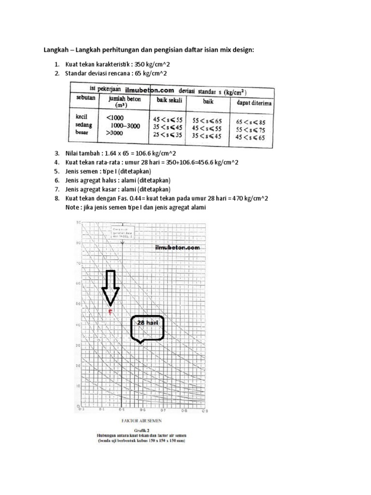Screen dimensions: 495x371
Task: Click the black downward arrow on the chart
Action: coord(111,288)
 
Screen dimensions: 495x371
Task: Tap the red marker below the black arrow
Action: coord(111,313)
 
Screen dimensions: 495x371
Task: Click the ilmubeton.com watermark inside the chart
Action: coord(177,247)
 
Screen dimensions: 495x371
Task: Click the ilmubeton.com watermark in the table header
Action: coord(149,90)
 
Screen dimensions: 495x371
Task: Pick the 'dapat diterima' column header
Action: coord(253,102)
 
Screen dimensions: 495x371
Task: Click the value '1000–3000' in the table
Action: coord(122,125)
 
